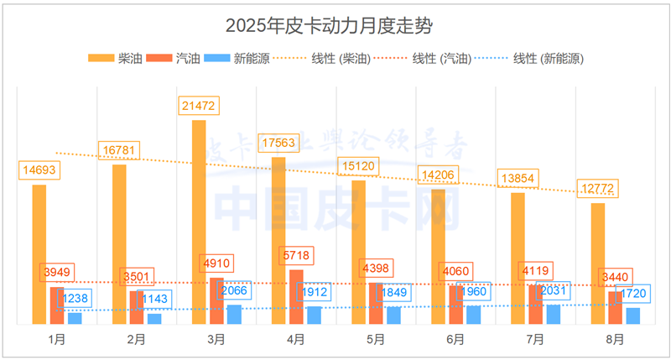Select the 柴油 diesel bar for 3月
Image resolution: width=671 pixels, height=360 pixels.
199,222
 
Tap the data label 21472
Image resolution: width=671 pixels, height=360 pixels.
198,107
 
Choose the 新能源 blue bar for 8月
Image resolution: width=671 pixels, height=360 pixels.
633,316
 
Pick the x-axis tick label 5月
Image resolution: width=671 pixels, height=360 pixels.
376,340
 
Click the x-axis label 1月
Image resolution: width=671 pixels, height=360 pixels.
56,340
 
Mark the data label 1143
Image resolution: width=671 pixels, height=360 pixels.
155,298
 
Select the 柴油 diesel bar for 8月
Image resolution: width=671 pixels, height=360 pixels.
598,263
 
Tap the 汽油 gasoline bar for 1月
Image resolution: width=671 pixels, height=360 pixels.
57,305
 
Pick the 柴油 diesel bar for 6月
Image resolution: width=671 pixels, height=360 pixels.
439,256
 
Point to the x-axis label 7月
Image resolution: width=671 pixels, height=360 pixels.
535,340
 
